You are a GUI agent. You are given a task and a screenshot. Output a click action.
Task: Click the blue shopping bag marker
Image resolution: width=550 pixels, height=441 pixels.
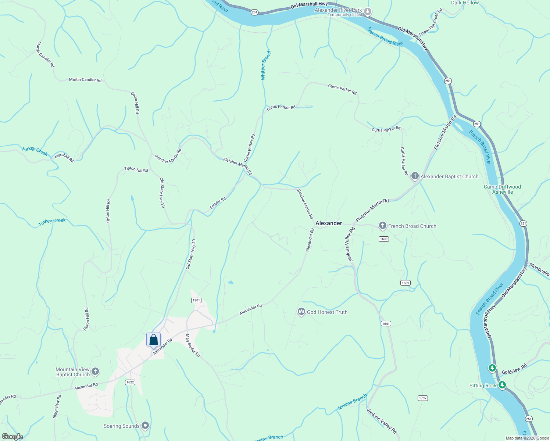click(x=153, y=340)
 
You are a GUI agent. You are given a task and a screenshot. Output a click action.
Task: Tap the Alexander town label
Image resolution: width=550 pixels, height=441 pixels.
click(x=329, y=223)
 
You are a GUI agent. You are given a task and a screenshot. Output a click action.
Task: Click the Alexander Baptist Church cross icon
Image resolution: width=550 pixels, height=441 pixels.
click(x=415, y=176)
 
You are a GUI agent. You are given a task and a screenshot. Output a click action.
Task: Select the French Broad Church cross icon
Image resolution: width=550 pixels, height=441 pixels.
click(x=383, y=226)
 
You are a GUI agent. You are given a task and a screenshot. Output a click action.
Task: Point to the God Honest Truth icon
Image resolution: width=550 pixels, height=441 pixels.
click(x=301, y=312)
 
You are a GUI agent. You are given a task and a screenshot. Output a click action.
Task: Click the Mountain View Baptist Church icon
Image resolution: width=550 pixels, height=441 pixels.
click(x=95, y=372)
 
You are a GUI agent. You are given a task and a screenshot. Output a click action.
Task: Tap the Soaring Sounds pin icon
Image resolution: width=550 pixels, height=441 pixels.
click(x=145, y=426)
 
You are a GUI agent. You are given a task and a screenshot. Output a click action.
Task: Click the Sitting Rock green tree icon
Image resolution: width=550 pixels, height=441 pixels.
click(x=502, y=385)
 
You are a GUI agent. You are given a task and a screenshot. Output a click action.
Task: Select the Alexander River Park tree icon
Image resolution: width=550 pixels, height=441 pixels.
click(x=368, y=12)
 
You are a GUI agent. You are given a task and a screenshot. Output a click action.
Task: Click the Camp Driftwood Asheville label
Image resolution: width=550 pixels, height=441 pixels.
click(x=502, y=189)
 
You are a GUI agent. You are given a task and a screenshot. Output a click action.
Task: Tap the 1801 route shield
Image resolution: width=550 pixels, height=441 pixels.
click(x=196, y=300)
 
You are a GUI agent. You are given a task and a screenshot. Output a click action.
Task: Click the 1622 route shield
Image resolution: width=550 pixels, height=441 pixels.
click(x=130, y=382)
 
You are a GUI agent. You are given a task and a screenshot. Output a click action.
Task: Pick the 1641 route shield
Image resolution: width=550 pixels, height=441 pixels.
click(x=386, y=324)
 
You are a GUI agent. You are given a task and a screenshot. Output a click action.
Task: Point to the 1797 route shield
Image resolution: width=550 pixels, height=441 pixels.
click(x=423, y=398)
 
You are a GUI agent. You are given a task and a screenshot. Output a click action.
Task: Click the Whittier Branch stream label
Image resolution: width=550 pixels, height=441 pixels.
click(x=265, y=65)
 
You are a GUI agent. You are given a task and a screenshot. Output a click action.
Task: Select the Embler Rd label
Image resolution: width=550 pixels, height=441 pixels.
click(x=218, y=203)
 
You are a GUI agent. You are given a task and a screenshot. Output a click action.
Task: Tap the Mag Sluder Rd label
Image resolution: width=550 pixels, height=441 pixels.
click(x=193, y=345)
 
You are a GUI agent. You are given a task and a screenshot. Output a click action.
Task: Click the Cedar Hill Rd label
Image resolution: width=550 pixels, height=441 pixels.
click(x=135, y=103)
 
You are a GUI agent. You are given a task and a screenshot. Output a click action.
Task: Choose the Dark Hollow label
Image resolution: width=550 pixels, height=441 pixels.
click(x=465, y=3)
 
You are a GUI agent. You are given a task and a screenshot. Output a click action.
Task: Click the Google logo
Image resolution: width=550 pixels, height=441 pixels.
click(x=12, y=437)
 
